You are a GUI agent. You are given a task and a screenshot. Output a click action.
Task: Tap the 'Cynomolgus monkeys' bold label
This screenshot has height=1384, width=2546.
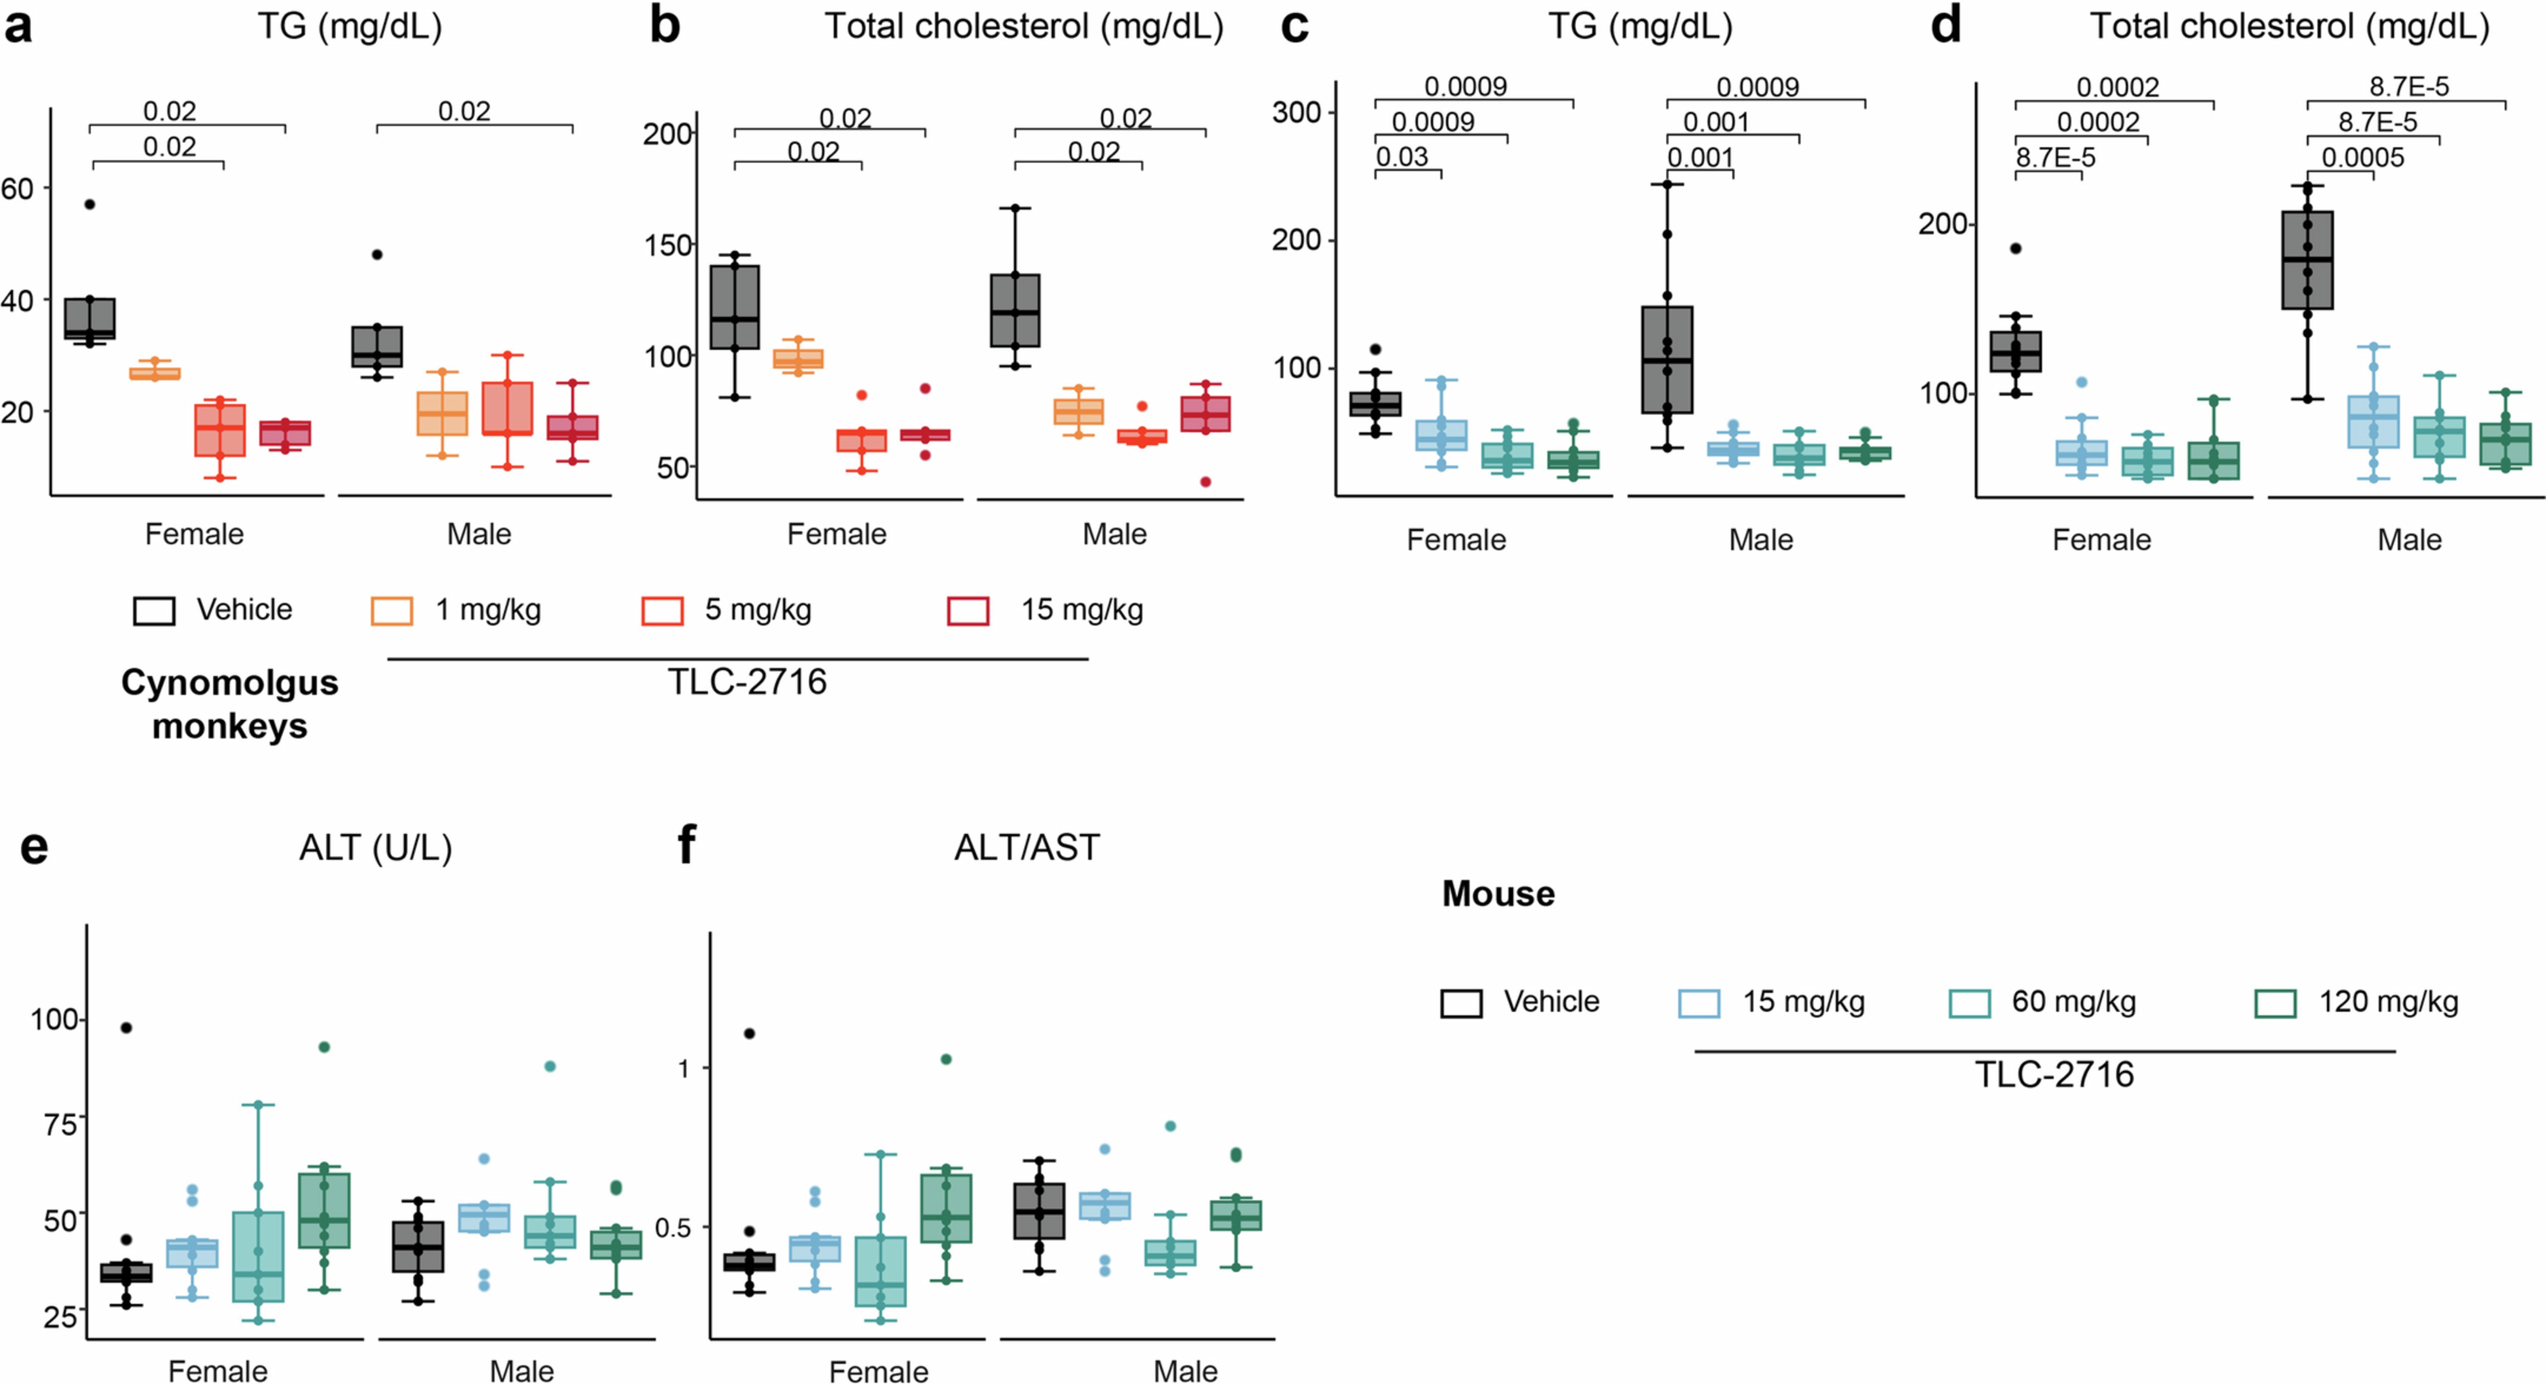(x=230, y=704)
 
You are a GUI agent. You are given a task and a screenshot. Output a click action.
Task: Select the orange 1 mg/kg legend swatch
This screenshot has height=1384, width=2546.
(x=391, y=611)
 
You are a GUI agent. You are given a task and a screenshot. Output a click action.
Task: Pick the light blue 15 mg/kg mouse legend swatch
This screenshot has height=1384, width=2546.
(x=1698, y=1003)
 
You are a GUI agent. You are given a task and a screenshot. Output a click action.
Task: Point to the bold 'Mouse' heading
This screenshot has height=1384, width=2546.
(x=1497, y=893)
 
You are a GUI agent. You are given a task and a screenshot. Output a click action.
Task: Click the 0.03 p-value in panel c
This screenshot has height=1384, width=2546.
(x=1402, y=157)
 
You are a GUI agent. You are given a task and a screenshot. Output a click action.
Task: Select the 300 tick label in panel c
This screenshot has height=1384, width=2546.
(x=1296, y=113)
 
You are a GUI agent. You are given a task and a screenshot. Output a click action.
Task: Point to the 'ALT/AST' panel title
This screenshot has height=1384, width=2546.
(x=1026, y=848)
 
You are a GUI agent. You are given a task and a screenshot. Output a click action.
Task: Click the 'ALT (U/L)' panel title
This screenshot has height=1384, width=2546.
(x=376, y=848)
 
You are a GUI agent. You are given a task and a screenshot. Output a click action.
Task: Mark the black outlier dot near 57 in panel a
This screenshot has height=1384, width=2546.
(x=90, y=204)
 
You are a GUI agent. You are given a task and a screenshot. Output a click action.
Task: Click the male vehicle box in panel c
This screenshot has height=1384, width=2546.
(x=1667, y=360)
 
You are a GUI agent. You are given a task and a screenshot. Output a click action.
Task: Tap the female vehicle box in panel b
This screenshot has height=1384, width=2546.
(x=734, y=307)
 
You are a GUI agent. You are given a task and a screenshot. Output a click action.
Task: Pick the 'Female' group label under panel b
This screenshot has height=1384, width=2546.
(x=836, y=535)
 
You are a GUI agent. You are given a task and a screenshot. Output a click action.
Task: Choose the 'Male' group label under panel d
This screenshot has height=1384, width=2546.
(x=2409, y=541)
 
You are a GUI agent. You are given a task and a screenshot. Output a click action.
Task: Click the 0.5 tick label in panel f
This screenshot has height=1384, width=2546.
(x=672, y=1228)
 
